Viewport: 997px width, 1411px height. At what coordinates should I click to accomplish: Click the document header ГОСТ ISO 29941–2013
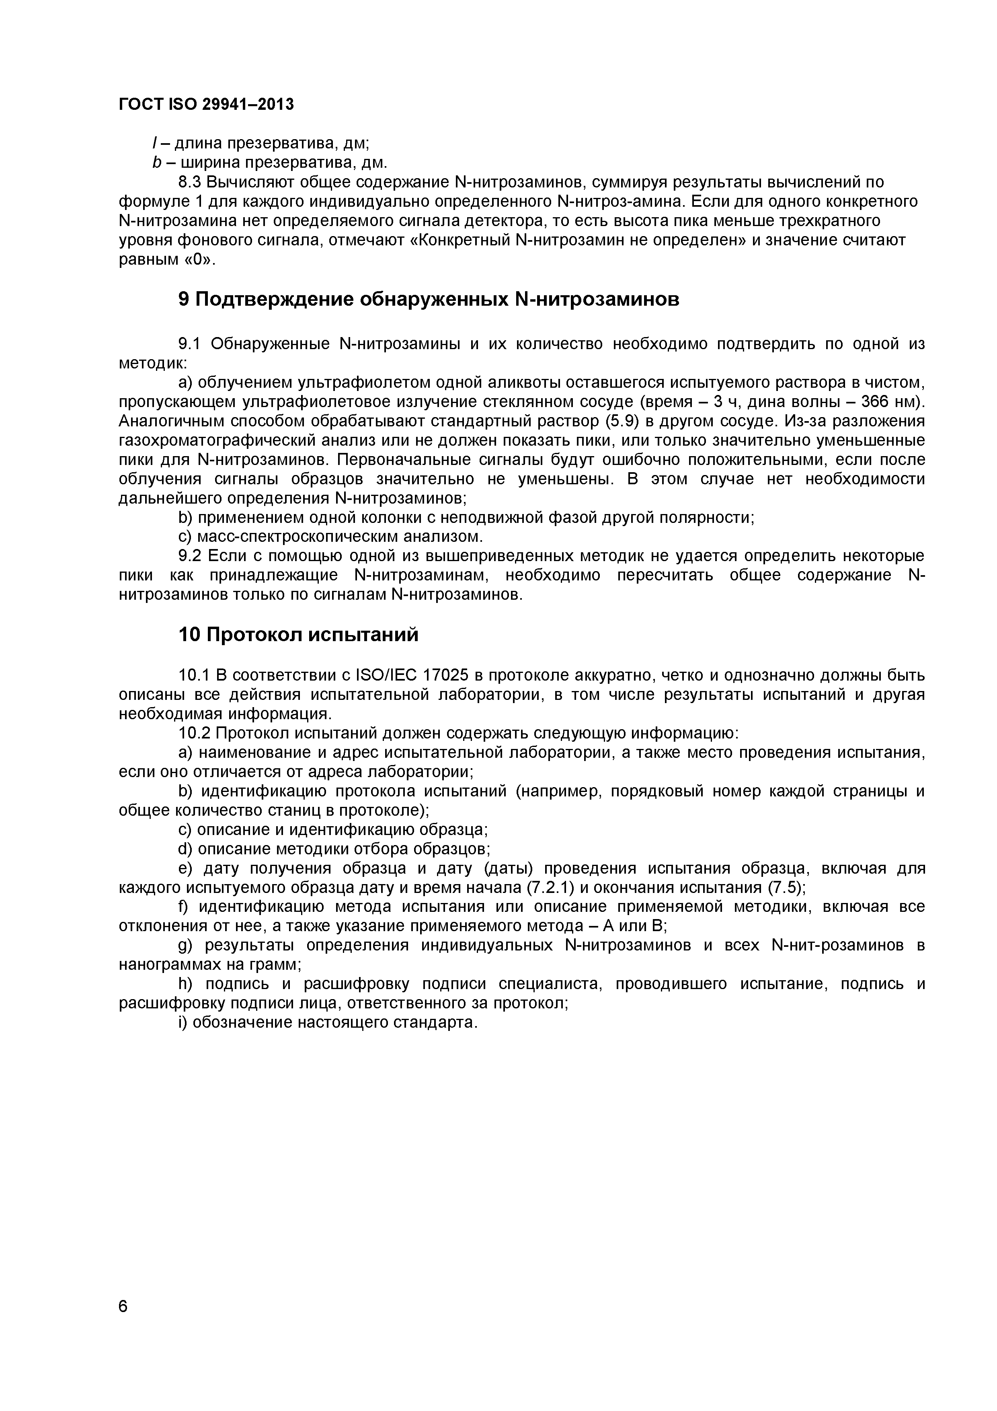point(206,105)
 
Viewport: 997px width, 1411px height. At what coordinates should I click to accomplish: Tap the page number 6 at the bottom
point(123,1323)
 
